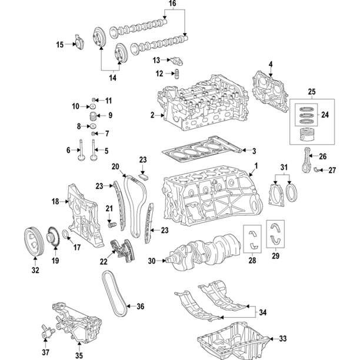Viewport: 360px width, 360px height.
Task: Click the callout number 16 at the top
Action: tap(172, 4)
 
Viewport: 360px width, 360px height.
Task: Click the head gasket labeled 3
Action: tap(202, 149)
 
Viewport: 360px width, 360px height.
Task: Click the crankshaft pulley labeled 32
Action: tap(34, 241)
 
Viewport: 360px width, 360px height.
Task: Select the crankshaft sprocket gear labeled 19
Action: tap(53, 238)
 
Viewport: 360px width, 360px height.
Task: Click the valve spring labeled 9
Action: tap(92, 116)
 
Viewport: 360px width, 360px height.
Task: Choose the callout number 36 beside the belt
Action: tap(140, 306)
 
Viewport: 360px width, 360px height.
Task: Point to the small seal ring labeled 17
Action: tap(66, 235)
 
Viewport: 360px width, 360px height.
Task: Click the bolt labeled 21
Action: tap(112, 224)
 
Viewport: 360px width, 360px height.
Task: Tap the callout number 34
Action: tap(263, 312)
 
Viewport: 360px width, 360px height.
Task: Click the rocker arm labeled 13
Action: tap(176, 61)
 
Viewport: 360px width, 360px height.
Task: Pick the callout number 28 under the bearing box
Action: tap(252, 261)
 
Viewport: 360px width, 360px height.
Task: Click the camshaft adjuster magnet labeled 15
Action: tap(78, 42)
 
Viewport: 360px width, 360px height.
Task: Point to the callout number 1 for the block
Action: tap(256, 166)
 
